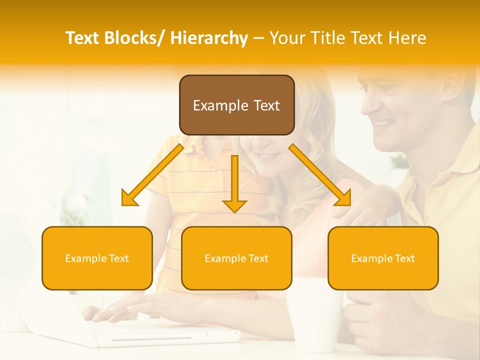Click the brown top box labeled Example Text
point(236,105)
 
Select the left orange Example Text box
point(97,258)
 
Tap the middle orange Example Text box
point(236,258)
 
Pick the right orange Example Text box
point(383,258)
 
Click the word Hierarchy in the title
point(209,38)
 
